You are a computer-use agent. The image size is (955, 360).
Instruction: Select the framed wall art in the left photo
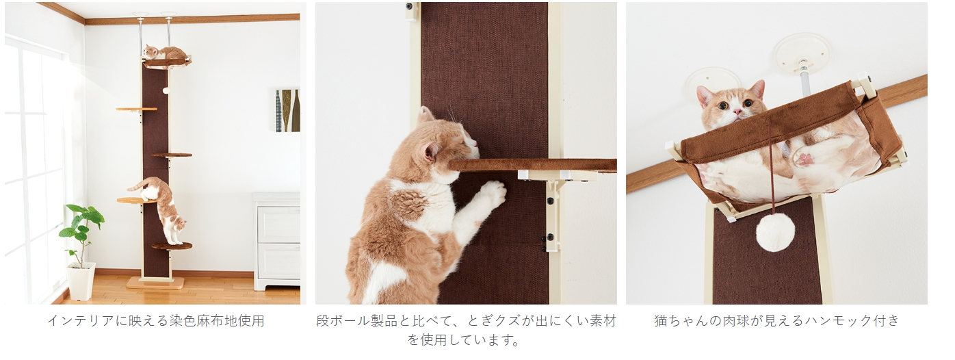pyautogui.click(x=287, y=110)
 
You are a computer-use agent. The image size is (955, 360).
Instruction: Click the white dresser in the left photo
pyautogui.click(x=276, y=242)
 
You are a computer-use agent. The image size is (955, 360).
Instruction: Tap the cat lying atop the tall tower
pyautogui.click(x=163, y=53)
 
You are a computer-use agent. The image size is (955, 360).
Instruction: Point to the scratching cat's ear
pyautogui.click(x=431, y=151)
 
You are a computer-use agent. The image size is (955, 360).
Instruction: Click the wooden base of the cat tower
pyautogui.click(x=157, y=283)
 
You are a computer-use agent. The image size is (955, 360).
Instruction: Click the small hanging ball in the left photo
pyautogui.click(x=166, y=90)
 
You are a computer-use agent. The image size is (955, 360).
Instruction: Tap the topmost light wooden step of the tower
pyautogui.click(x=136, y=110)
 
